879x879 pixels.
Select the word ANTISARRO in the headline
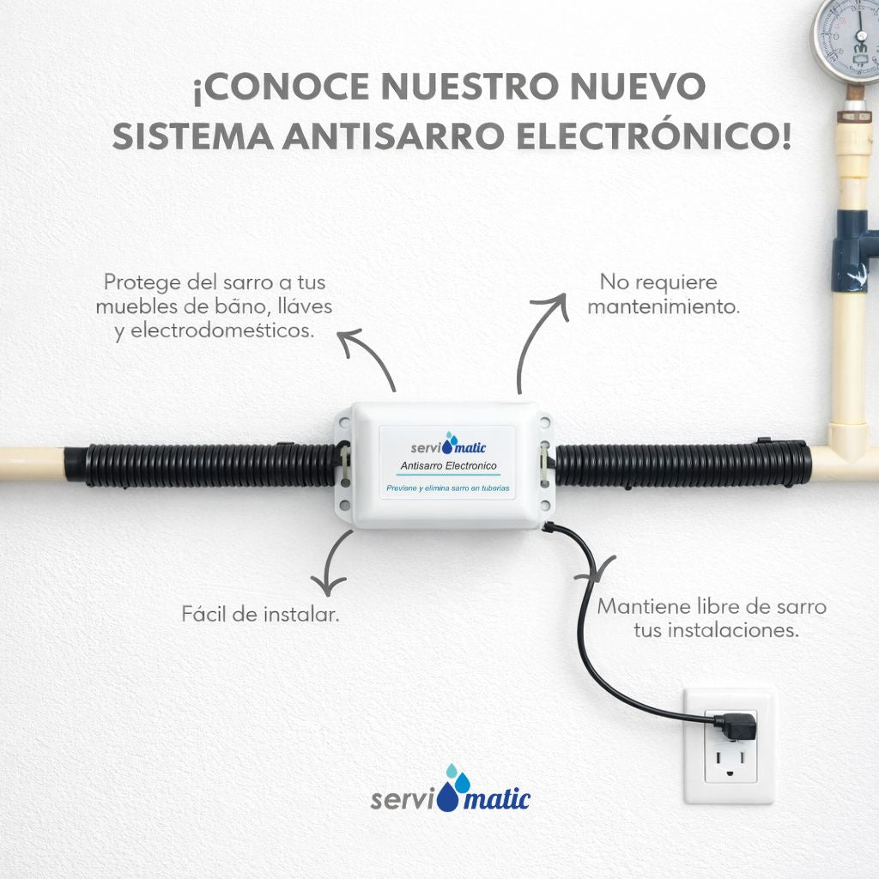point(393,136)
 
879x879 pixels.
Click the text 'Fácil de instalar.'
point(261,615)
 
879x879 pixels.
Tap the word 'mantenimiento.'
point(664,306)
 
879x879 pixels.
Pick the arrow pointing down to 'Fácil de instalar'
point(330,563)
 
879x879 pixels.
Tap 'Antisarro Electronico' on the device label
point(448,466)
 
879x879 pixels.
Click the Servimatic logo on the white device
point(448,444)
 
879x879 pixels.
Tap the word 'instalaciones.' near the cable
point(716,631)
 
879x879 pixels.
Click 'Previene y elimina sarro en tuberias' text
point(448,488)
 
